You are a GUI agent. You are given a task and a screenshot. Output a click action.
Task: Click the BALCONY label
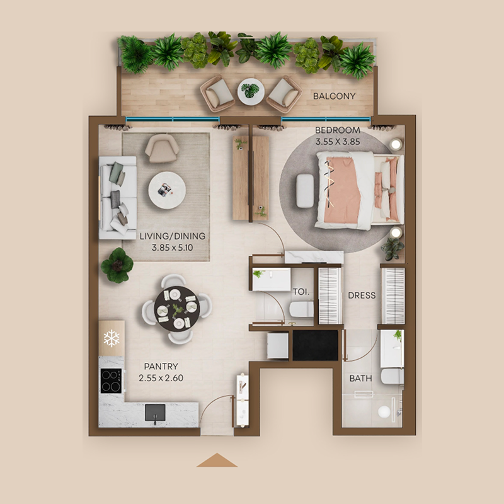click(334, 96)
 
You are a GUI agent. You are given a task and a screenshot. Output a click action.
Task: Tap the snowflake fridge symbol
click(112, 338)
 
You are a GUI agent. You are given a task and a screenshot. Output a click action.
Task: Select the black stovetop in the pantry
click(111, 380)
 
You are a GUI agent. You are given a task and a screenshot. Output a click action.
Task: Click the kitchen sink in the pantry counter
click(155, 413)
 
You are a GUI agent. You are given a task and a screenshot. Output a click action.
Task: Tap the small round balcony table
click(251, 91)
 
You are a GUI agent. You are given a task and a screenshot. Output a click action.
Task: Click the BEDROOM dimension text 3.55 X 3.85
click(338, 142)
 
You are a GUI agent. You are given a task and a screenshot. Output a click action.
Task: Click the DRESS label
click(361, 295)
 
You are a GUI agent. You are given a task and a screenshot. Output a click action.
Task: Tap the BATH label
click(360, 379)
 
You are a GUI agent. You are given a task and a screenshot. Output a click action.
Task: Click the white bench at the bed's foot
click(305, 190)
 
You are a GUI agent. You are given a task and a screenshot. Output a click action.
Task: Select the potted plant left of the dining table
click(117, 265)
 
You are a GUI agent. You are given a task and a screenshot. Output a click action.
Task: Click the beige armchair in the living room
click(162, 148)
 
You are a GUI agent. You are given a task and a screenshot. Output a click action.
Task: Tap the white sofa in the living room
click(118, 197)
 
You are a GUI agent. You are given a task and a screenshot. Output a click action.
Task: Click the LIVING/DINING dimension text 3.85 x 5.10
click(172, 248)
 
